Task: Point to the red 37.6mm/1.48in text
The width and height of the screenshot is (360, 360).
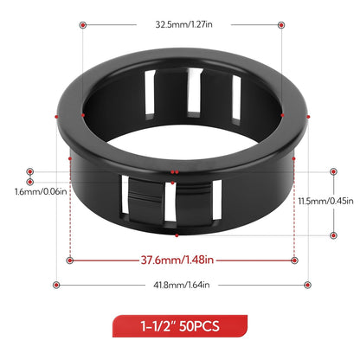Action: tap(180, 258)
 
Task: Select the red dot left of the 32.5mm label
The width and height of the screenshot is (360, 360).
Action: tap(82, 25)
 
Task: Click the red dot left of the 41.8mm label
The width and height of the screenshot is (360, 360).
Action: tap(56, 285)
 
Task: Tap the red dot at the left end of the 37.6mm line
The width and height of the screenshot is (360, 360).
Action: tap(69, 258)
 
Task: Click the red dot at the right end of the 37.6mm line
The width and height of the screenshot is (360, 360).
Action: tap(294, 258)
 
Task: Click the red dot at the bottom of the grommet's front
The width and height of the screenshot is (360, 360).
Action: tap(177, 234)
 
